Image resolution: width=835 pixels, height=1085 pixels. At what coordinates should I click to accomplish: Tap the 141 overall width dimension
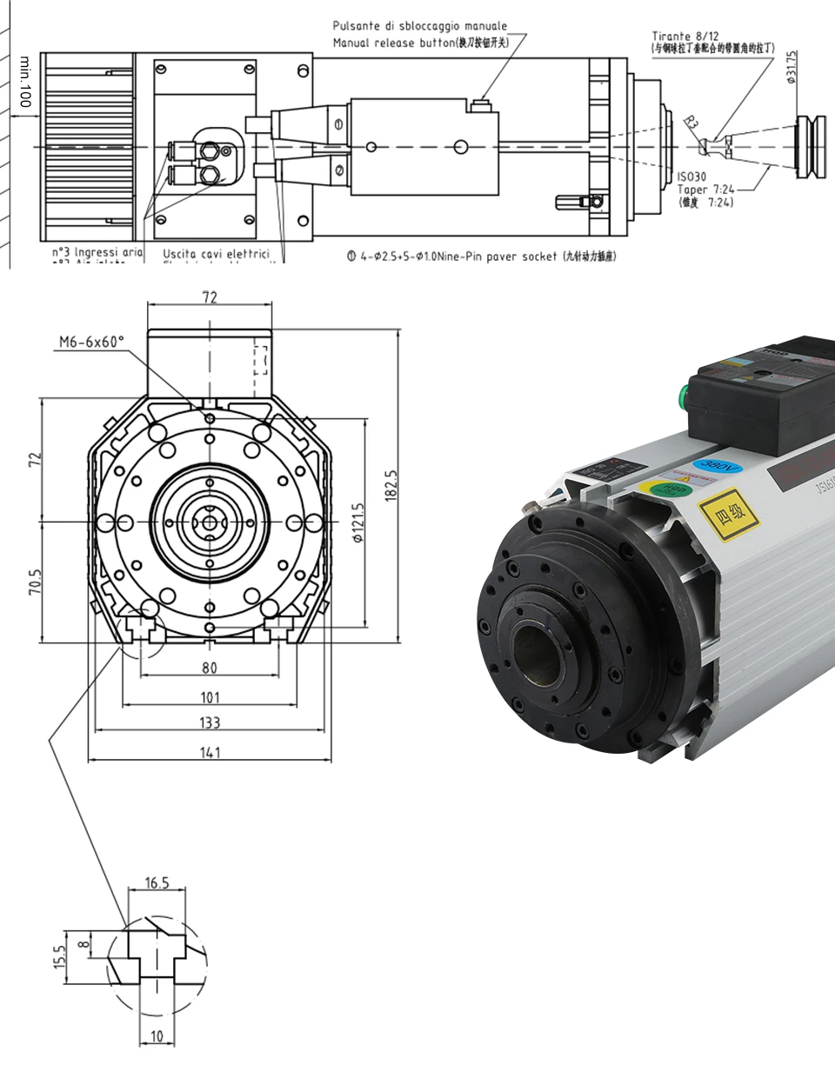[x=210, y=751]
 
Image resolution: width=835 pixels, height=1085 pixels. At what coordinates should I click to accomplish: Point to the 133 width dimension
[x=210, y=722]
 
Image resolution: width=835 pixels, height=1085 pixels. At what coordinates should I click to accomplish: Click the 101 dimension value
[x=210, y=696]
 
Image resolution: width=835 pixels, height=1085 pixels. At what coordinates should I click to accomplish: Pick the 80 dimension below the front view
[x=210, y=668]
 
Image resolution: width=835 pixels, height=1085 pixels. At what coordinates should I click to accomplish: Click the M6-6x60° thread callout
[x=91, y=342]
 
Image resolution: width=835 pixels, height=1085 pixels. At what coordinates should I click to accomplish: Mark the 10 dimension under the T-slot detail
[x=157, y=1035]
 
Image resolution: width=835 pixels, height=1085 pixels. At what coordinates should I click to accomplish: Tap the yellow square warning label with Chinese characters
[x=729, y=516]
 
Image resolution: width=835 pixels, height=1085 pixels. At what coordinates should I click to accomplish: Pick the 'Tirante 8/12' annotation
[x=680, y=37]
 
